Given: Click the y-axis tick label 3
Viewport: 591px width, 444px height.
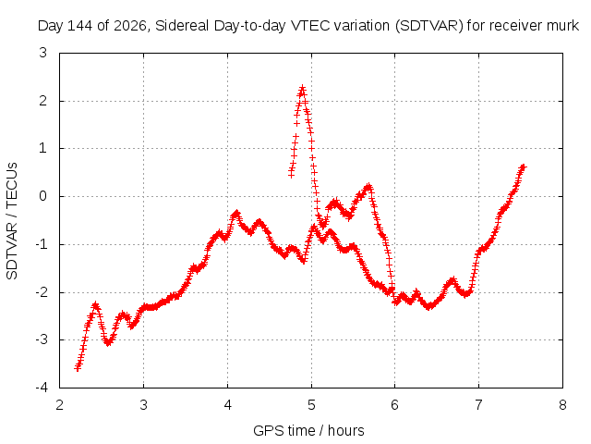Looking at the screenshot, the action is pyautogui.click(x=43, y=53).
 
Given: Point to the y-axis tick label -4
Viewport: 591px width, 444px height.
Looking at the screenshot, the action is pyautogui.click(x=41, y=388).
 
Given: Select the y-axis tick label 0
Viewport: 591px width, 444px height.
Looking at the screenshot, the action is pyautogui.click(x=43, y=196).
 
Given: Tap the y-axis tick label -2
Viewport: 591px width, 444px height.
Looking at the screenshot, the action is pyautogui.click(x=41, y=292).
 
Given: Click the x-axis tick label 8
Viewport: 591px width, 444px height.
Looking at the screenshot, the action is pyautogui.click(x=562, y=405).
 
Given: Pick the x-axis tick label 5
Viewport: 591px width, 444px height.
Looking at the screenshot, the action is pyautogui.click(x=311, y=405).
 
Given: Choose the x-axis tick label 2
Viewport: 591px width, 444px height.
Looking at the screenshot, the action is pyautogui.click(x=59, y=405).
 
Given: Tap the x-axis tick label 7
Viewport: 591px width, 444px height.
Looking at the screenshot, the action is pyautogui.click(x=478, y=405).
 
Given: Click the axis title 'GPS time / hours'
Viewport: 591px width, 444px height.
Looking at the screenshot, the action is pyautogui.click(x=308, y=430).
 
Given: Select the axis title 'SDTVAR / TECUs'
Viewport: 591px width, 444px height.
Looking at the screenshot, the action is pyautogui.click(x=12, y=221).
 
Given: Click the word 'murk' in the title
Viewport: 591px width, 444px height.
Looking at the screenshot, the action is pyautogui.click(x=563, y=26).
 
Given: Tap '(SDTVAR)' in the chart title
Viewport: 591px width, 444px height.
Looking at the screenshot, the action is pyautogui.click(x=428, y=26).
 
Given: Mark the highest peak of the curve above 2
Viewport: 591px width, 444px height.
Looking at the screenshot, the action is pyautogui.click(x=302, y=88).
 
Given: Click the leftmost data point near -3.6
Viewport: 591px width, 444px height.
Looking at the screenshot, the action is pyautogui.click(x=78, y=368).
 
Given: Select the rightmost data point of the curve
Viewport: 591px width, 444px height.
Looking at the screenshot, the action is pyautogui.click(x=524, y=166).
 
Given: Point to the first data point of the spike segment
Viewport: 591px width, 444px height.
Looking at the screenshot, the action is pyautogui.click(x=291, y=175).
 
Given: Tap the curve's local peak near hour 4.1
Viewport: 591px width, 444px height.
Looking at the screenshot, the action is pyautogui.click(x=236, y=214).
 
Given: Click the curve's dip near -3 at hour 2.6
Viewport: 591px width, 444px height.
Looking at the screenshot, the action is pyautogui.click(x=108, y=343).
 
